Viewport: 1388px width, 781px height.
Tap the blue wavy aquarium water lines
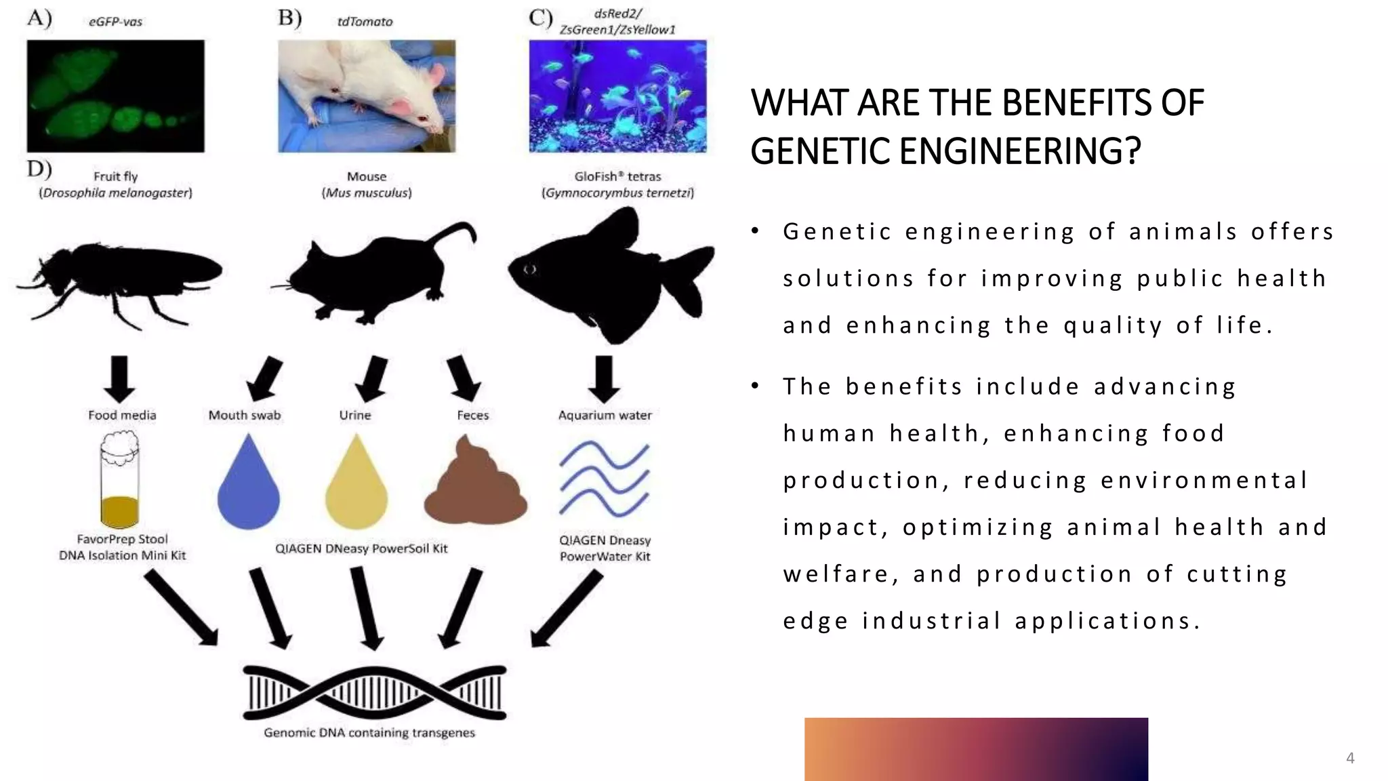point(604,479)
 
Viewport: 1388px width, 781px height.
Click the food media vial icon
point(120,481)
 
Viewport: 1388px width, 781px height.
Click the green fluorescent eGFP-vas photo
point(115,96)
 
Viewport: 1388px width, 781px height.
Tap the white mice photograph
point(367,96)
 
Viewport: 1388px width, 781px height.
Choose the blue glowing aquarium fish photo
point(617,96)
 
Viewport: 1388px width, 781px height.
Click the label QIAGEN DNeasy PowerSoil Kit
point(361,548)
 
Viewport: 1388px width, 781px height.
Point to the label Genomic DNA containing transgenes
point(369,733)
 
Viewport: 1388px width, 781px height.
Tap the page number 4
point(1349,758)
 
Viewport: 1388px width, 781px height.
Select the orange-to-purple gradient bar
point(976,748)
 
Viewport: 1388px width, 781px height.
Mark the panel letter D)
point(39,168)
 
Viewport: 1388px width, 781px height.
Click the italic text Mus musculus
point(367,193)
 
